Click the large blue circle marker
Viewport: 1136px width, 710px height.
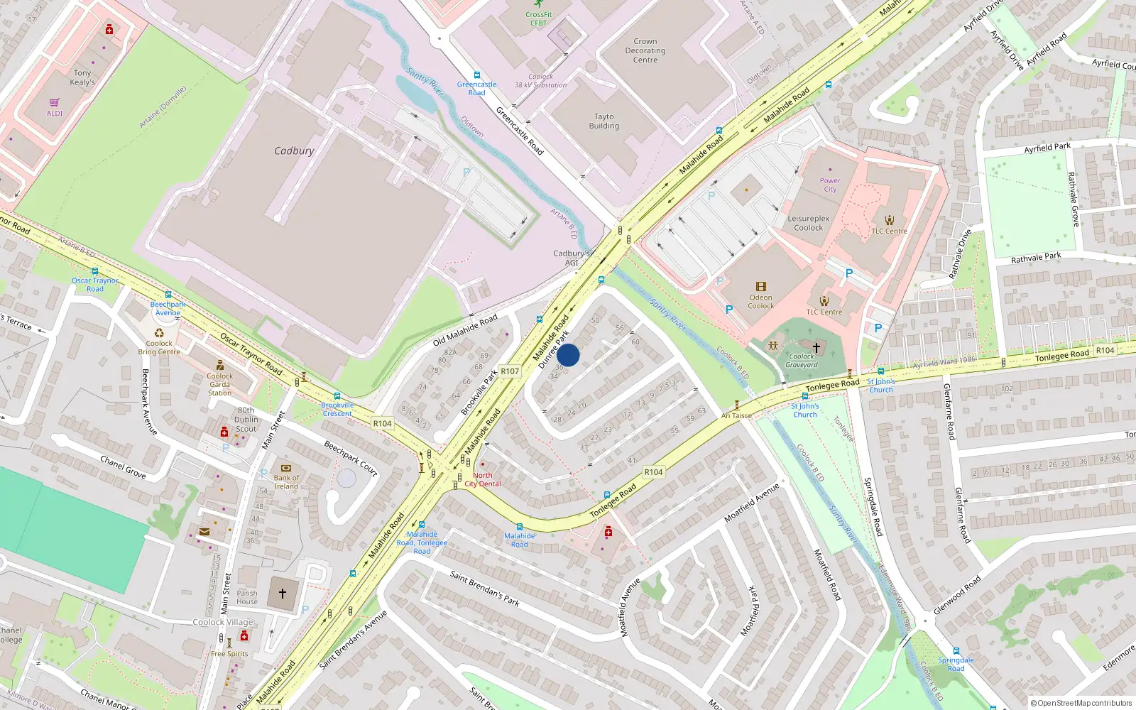tap(568, 355)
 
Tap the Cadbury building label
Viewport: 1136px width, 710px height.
tap(294, 151)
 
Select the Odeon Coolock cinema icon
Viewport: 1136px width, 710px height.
tap(761, 287)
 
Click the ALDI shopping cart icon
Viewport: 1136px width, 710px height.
tap(55, 103)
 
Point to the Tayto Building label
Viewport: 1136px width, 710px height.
tap(603, 121)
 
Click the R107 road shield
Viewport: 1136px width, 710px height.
tap(510, 371)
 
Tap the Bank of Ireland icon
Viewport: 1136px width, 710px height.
tap(286, 469)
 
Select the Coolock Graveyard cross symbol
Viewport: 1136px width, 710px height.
tap(816, 347)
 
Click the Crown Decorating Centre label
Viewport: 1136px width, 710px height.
tap(645, 50)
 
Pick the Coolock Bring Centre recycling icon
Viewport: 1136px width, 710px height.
tap(159, 333)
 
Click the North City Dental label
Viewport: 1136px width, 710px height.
tap(483, 480)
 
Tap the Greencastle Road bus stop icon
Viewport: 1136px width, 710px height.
tap(476, 75)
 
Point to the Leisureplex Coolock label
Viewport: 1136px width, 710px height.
tap(808, 223)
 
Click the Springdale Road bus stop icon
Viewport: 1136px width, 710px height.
tap(956, 650)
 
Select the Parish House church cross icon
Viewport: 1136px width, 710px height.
tap(283, 593)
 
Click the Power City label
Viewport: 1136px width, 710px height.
tap(830, 185)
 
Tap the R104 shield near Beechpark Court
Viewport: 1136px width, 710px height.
tap(382, 424)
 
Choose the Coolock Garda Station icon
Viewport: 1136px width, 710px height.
tap(220, 366)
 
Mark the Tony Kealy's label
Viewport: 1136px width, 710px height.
tap(82, 77)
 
